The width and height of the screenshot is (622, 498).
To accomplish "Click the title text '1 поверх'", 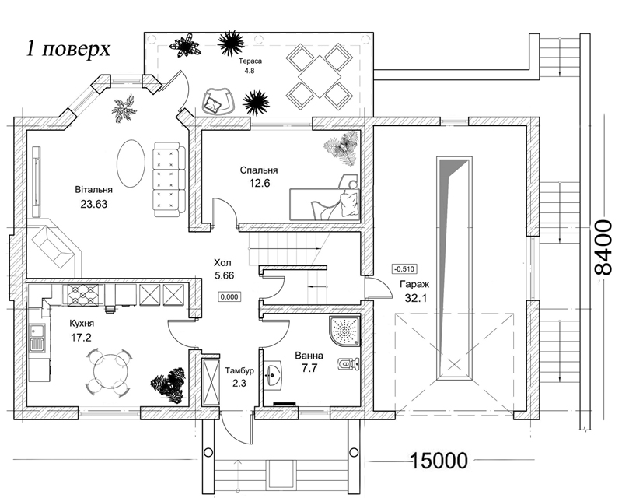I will pyautogui.click(x=68, y=48).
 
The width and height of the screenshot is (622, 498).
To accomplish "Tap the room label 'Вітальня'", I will pyautogui.click(x=93, y=189).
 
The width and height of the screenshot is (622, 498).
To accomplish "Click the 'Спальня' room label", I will pyautogui.click(x=259, y=170).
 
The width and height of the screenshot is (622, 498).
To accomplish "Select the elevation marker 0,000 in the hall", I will pyautogui.click(x=229, y=296).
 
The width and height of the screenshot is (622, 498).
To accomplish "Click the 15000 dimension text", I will pyautogui.click(x=438, y=460).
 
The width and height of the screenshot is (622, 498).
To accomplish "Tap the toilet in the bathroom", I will pyautogui.click(x=347, y=363).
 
